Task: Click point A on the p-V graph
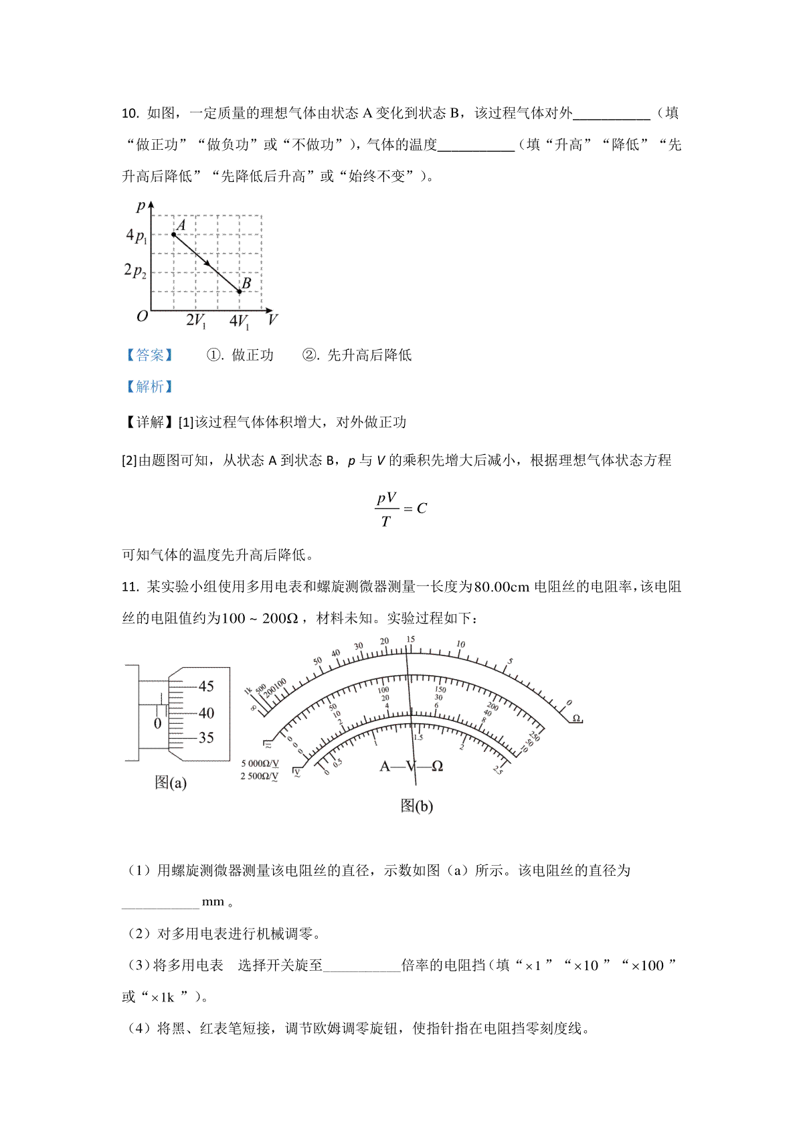[173, 234]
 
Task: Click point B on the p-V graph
[240, 292]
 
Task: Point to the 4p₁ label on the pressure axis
[136, 235]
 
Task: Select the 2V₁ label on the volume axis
[195, 321]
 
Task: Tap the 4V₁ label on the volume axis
[239, 322]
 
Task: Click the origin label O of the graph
[142, 316]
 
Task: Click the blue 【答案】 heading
[149, 355]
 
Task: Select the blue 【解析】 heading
[149, 387]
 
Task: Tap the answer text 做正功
[252, 355]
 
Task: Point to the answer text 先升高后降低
[369, 355]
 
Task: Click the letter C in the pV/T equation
[422, 508]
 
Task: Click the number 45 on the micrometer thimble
[206, 686]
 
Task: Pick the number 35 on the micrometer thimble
[206, 738]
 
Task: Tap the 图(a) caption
[171, 783]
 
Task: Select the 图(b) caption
[416, 806]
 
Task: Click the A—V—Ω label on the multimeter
[412, 767]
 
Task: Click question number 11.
[130, 587]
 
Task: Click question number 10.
[130, 114]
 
